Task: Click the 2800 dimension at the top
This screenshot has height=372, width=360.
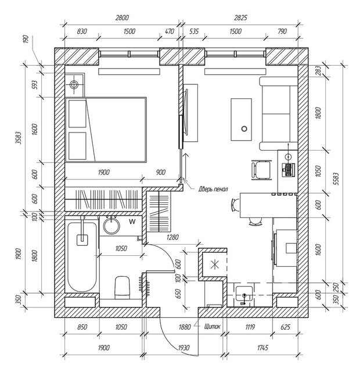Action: pos(122,18)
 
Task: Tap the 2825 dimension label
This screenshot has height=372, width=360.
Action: pos(240,18)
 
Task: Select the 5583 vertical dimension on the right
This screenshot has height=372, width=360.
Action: pos(336,178)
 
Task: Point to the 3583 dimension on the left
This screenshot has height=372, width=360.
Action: pos(18,138)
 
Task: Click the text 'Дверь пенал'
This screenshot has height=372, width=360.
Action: pos(213,189)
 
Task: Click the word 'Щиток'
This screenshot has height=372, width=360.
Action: pos(213,327)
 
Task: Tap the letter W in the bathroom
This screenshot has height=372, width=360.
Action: pos(132,222)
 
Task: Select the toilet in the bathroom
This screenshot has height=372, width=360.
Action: pos(123,287)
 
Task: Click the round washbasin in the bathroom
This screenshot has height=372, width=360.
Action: pos(111,226)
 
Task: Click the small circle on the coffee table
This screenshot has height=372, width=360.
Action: pos(244,129)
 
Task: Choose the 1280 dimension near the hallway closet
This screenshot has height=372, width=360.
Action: pos(172,237)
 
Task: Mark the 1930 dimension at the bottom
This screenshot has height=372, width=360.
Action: pos(183,348)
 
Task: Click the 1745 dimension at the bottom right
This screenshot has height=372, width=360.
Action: pos(262,348)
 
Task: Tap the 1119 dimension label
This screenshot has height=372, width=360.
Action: pos(250,327)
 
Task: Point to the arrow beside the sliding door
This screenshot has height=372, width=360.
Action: pos(186,166)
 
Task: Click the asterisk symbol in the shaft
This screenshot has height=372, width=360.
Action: pos(215,264)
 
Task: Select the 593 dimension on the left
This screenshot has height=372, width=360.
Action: pos(35,85)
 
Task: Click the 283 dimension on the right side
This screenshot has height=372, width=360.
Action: pos(318,70)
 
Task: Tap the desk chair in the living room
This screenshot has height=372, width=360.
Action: pos(261,170)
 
